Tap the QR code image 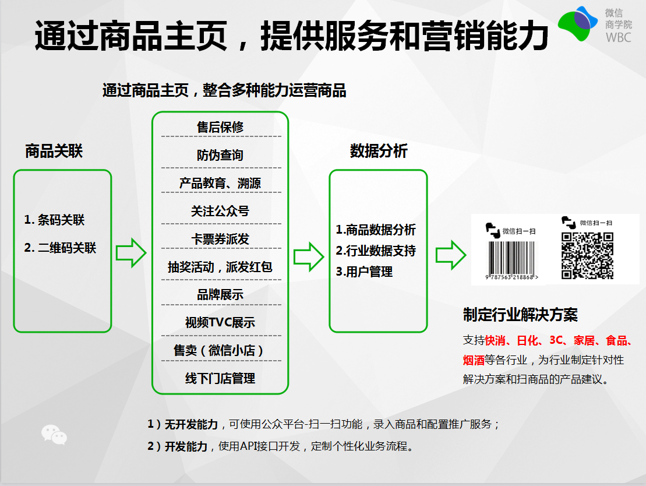click(587, 255)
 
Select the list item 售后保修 click(220, 127)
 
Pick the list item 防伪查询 click(220, 155)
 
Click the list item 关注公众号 click(220, 211)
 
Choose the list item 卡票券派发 click(220, 239)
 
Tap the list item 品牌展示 click(220, 295)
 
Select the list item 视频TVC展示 click(220, 323)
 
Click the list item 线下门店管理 click(220, 379)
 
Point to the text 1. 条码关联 click(54, 220)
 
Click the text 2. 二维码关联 click(60, 248)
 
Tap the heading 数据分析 click(379, 152)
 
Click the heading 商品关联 click(54, 152)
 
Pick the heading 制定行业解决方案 click(520, 315)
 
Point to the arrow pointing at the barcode click(451, 254)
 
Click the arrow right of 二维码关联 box click(131, 252)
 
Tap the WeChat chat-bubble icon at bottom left click(54, 435)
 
